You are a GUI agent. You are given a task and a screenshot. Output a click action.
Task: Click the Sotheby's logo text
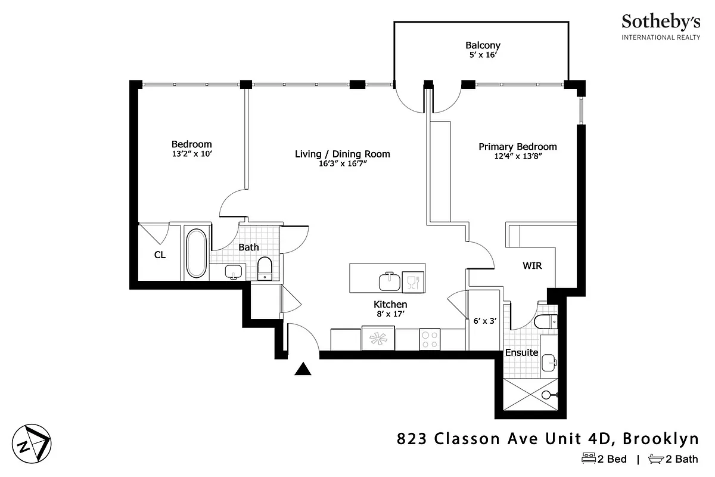tap(661, 22)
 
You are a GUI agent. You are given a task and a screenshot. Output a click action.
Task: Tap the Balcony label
tap(483, 45)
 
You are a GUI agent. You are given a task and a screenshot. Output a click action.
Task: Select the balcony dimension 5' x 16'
tap(483, 55)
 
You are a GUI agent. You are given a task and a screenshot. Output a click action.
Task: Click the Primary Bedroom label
tap(518, 147)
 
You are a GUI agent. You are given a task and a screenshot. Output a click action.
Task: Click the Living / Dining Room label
tap(343, 154)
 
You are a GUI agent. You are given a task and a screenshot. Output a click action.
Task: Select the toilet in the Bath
tap(265, 268)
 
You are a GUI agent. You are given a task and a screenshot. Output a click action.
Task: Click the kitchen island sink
tap(390, 280)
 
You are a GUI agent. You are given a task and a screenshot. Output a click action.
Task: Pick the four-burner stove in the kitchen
tap(429, 340)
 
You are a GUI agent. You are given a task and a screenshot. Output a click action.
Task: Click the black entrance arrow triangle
tap(303, 370)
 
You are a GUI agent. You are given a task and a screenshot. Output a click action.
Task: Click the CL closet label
tap(160, 255)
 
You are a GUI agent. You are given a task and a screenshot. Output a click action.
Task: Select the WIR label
tap(532, 266)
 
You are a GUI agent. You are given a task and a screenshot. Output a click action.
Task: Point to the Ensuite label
tap(522, 352)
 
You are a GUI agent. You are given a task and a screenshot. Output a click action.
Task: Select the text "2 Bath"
tap(682, 459)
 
